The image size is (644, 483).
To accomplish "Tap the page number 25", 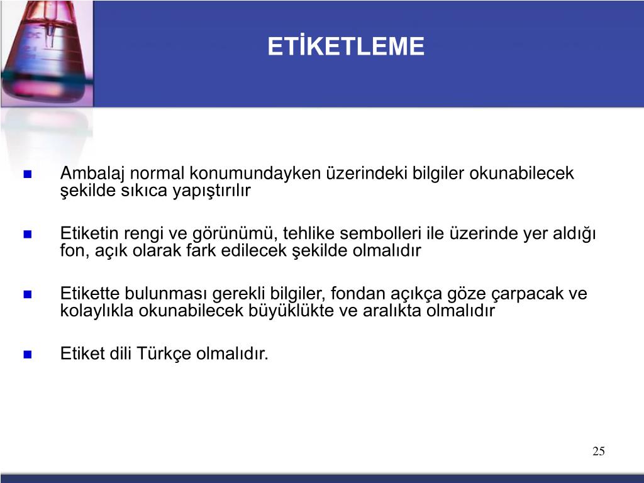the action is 599,451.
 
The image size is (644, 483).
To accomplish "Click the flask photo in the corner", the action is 47,53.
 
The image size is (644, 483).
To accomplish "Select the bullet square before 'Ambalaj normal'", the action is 28,174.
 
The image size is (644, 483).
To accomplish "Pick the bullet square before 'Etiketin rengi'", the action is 28,234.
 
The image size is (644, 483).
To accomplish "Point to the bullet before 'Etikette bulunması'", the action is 28,294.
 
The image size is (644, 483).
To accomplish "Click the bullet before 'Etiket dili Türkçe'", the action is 28,354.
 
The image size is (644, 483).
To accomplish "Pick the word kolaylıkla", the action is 97,311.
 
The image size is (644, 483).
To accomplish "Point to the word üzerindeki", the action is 367,174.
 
